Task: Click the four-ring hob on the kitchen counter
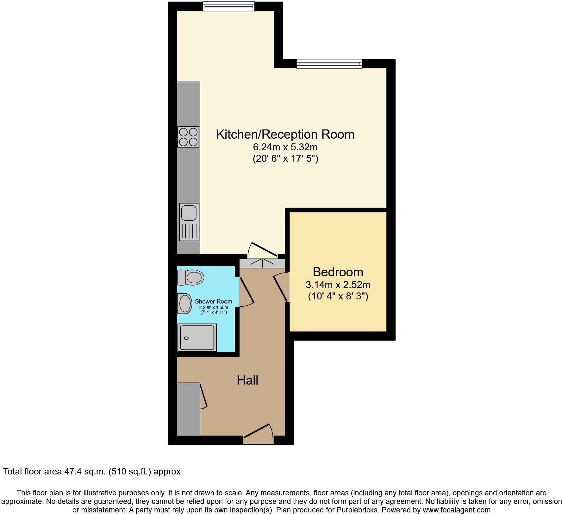click(188, 137)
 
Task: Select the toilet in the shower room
click(190, 278)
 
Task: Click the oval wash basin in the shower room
click(185, 303)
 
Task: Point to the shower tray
click(197, 337)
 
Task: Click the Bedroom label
click(338, 272)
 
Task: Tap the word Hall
click(247, 380)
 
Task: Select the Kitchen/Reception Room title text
click(285, 134)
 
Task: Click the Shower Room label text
click(213, 301)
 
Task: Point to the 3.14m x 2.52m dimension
click(338, 285)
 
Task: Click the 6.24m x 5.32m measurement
click(285, 147)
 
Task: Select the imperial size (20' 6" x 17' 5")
click(285, 158)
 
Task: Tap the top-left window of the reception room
click(228, 6)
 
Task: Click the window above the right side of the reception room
click(329, 64)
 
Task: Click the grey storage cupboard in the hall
click(188, 409)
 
